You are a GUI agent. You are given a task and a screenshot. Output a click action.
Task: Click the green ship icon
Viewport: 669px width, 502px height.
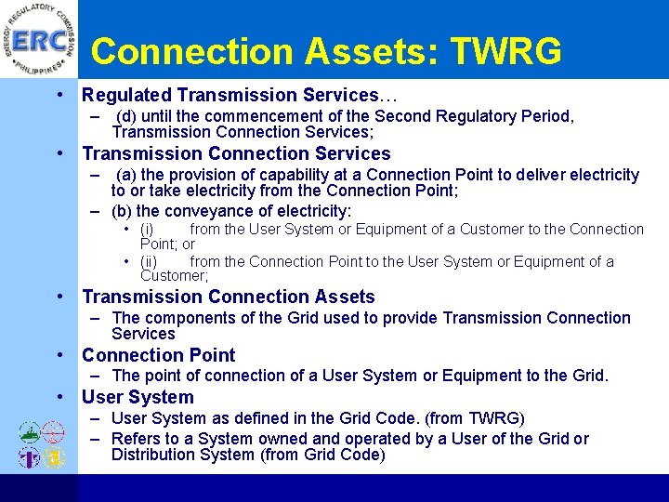pos(30,433)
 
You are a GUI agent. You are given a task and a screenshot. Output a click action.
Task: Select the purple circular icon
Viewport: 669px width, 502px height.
pos(30,456)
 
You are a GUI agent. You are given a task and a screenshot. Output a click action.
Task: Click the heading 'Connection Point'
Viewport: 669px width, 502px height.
pos(158,355)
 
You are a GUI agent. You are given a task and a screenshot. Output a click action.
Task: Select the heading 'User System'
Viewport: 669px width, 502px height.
pos(137,397)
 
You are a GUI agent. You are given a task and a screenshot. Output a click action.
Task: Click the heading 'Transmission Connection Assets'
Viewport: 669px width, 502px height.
pos(228,297)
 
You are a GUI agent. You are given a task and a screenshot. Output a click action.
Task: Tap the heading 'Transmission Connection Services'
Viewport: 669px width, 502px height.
pos(236,153)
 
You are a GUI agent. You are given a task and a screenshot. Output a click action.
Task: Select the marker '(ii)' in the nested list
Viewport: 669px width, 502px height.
pos(149,261)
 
